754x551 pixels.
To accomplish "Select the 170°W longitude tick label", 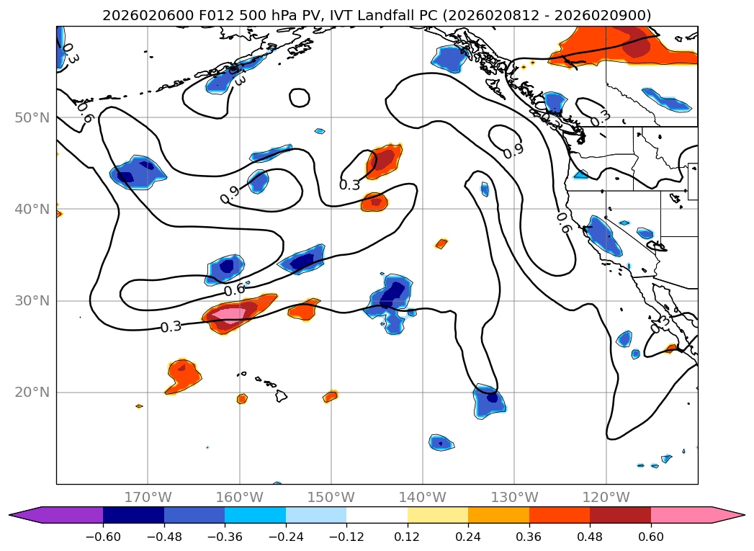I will coord(148,497).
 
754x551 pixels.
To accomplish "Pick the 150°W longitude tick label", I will coord(331,497).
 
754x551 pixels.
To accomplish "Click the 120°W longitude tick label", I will coord(606,497).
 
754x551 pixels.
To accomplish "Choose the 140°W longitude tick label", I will coord(423,497).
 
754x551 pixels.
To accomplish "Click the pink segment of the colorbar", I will coord(681,515).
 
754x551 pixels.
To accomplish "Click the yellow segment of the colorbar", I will coord(438,515).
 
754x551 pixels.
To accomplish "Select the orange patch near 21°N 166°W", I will coord(184,376).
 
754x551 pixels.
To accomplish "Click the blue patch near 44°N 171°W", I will coord(138,172).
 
